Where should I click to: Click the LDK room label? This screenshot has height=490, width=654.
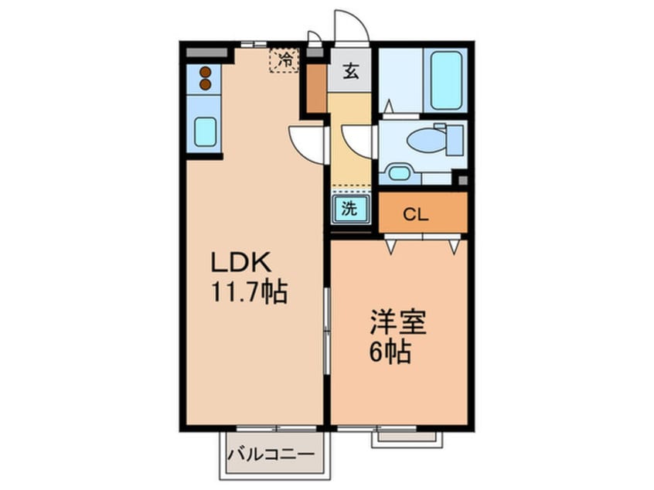(x=241, y=262)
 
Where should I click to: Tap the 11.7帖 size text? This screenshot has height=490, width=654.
(x=250, y=292)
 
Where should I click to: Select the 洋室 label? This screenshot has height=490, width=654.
(x=398, y=322)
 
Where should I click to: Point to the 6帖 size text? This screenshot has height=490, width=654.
(x=390, y=352)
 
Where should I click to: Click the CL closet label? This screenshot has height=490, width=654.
(x=415, y=214)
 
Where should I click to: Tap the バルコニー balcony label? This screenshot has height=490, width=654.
(x=271, y=454)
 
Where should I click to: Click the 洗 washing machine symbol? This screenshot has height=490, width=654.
(x=350, y=209)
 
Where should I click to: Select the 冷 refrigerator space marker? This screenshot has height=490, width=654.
(x=284, y=60)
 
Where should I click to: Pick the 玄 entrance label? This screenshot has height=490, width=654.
(x=350, y=71)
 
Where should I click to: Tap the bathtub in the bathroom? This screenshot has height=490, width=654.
(x=446, y=80)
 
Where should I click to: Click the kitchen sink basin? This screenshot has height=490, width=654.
(x=205, y=131)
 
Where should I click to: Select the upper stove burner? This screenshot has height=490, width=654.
(x=205, y=72)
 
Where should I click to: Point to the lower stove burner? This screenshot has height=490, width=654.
(x=205, y=85)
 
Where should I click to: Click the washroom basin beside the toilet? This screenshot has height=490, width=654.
(x=400, y=173)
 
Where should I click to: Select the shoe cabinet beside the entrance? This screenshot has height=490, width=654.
(x=317, y=88)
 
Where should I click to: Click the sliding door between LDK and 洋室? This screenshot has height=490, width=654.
(x=328, y=330)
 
